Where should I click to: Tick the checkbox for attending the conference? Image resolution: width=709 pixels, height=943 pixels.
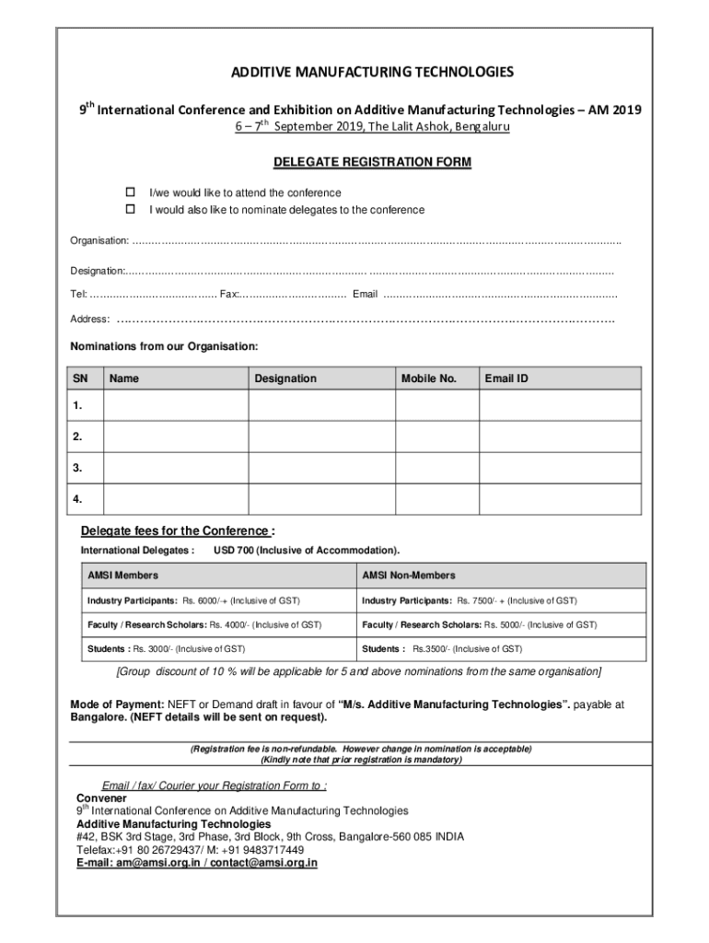coord(131,192)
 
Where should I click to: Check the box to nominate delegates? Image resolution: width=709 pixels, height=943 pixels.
coord(131,210)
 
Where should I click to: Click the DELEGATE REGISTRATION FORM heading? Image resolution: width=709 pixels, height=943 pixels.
coord(372,162)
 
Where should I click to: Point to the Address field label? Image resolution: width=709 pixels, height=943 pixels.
coord(90,320)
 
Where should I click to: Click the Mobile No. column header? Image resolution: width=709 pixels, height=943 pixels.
coord(429,378)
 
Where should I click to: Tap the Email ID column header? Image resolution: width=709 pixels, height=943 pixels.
coord(506,378)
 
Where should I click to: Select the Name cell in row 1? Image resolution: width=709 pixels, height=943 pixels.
coord(174,405)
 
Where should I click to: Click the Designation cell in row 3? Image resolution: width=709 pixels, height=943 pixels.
coord(321,468)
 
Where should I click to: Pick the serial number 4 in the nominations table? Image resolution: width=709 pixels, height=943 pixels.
coord(77,499)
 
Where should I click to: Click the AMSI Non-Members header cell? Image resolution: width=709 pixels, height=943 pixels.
coord(409,576)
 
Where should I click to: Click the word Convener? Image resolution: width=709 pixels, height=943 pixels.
coord(101,797)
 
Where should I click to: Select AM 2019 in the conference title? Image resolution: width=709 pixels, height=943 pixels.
coord(614,110)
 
